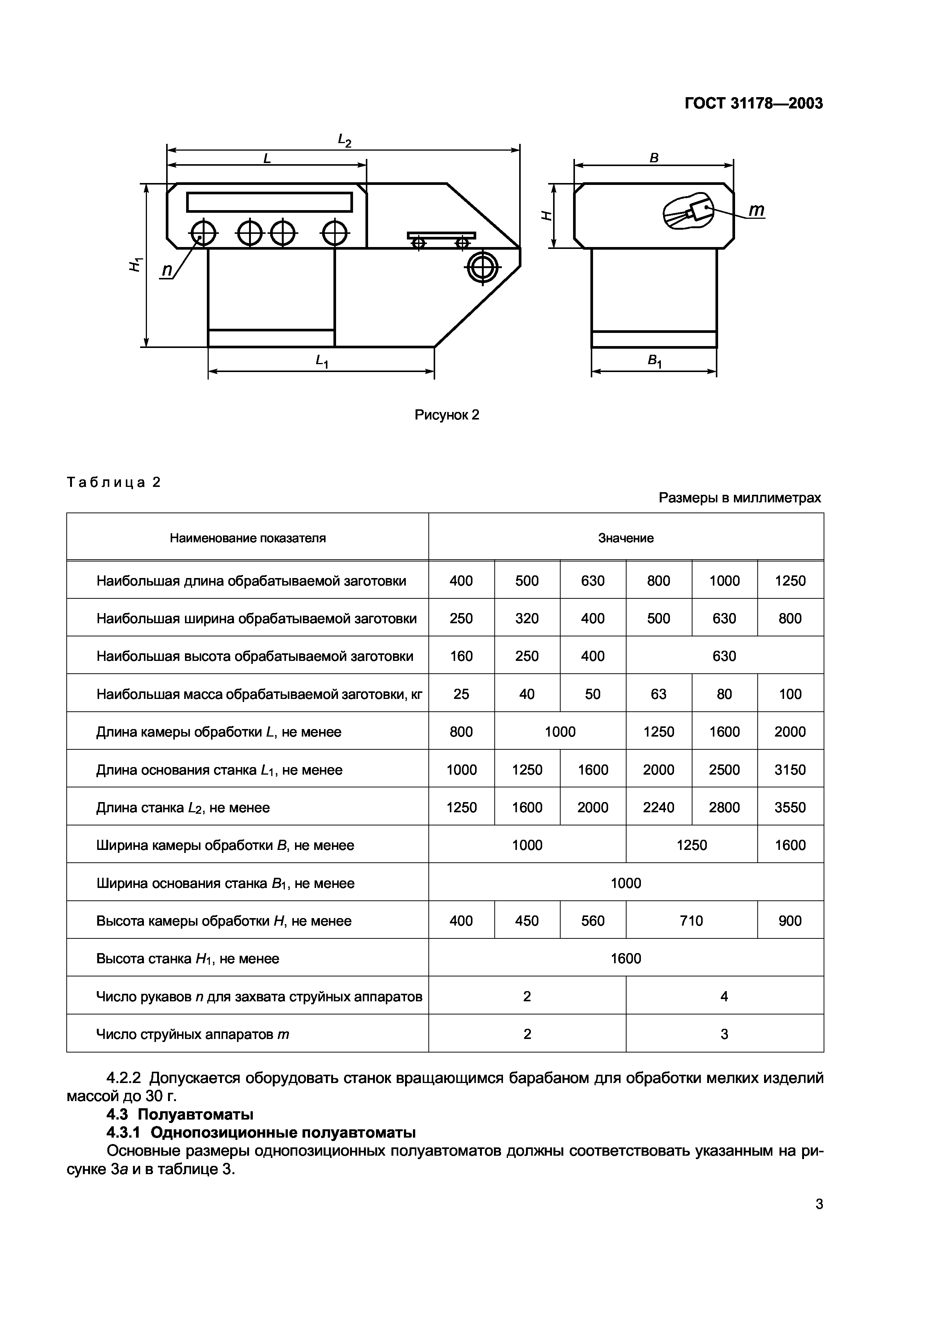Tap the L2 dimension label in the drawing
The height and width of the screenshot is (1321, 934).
(344, 140)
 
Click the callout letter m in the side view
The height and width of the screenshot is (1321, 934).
(757, 211)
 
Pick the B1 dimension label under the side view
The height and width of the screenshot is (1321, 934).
(654, 362)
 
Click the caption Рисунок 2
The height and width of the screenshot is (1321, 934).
(446, 415)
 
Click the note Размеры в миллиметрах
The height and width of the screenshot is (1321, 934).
(740, 498)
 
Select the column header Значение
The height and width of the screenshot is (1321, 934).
(625, 538)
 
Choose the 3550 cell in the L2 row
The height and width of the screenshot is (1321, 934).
(790, 807)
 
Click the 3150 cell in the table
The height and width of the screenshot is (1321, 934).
(790, 770)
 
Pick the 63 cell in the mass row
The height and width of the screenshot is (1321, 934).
(658, 694)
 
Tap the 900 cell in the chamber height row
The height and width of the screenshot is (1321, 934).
(790, 921)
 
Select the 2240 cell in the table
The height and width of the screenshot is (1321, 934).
(658, 807)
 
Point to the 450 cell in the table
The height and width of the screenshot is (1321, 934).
(527, 921)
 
